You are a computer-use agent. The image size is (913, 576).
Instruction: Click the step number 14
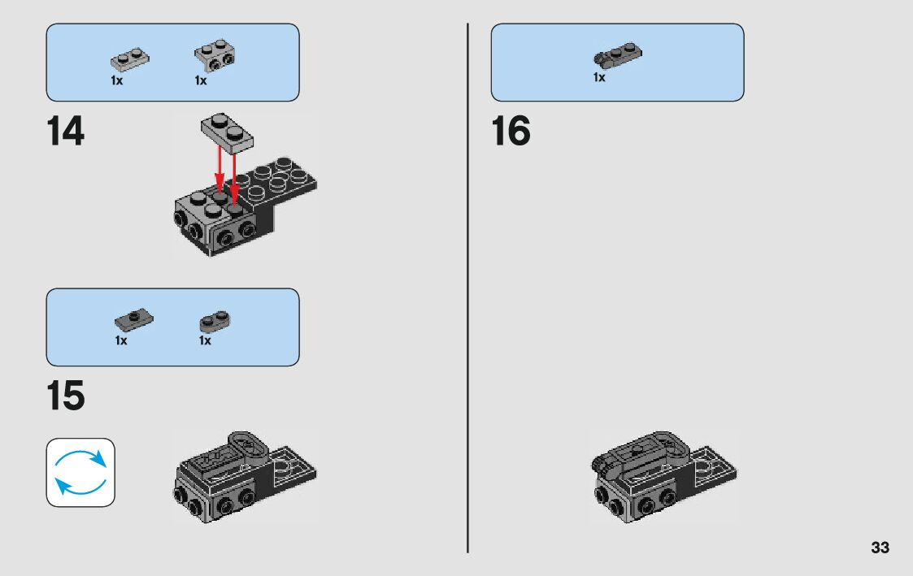click(x=65, y=131)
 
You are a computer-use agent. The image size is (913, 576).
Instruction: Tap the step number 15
click(x=65, y=396)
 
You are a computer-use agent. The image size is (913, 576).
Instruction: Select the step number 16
click(x=511, y=131)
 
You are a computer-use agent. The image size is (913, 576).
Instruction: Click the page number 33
click(x=880, y=548)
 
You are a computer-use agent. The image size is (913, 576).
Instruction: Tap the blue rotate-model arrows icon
click(x=80, y=473)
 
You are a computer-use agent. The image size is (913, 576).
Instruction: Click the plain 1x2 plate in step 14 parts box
click(x=130, y=58)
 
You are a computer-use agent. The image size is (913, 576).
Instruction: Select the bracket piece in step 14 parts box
click(x=215, y=55)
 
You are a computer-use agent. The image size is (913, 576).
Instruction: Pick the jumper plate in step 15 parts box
click(x=134, y=319)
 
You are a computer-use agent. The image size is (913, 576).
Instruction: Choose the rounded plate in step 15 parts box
click(x=215, y=321)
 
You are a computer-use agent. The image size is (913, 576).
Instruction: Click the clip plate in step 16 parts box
click(x=617, y=54)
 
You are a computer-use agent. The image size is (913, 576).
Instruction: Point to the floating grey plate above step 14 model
click(x=227, y=133)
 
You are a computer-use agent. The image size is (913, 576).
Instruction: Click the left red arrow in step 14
click(x=220, y=169)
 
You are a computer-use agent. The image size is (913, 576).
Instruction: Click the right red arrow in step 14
click(x=233, y=178)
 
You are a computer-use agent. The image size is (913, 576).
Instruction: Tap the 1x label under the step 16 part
click(x=599, y=77)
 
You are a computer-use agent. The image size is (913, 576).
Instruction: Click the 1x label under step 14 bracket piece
click(x=201, y=81)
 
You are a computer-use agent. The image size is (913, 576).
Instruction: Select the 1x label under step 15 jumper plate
click(x=121, y=340)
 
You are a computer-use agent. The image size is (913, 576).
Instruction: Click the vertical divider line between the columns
click(x=467, y=288)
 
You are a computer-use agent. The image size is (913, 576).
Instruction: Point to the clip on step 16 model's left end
click(x=601, y=463)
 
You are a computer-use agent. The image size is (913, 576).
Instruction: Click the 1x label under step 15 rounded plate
click(x=205, y=340)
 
